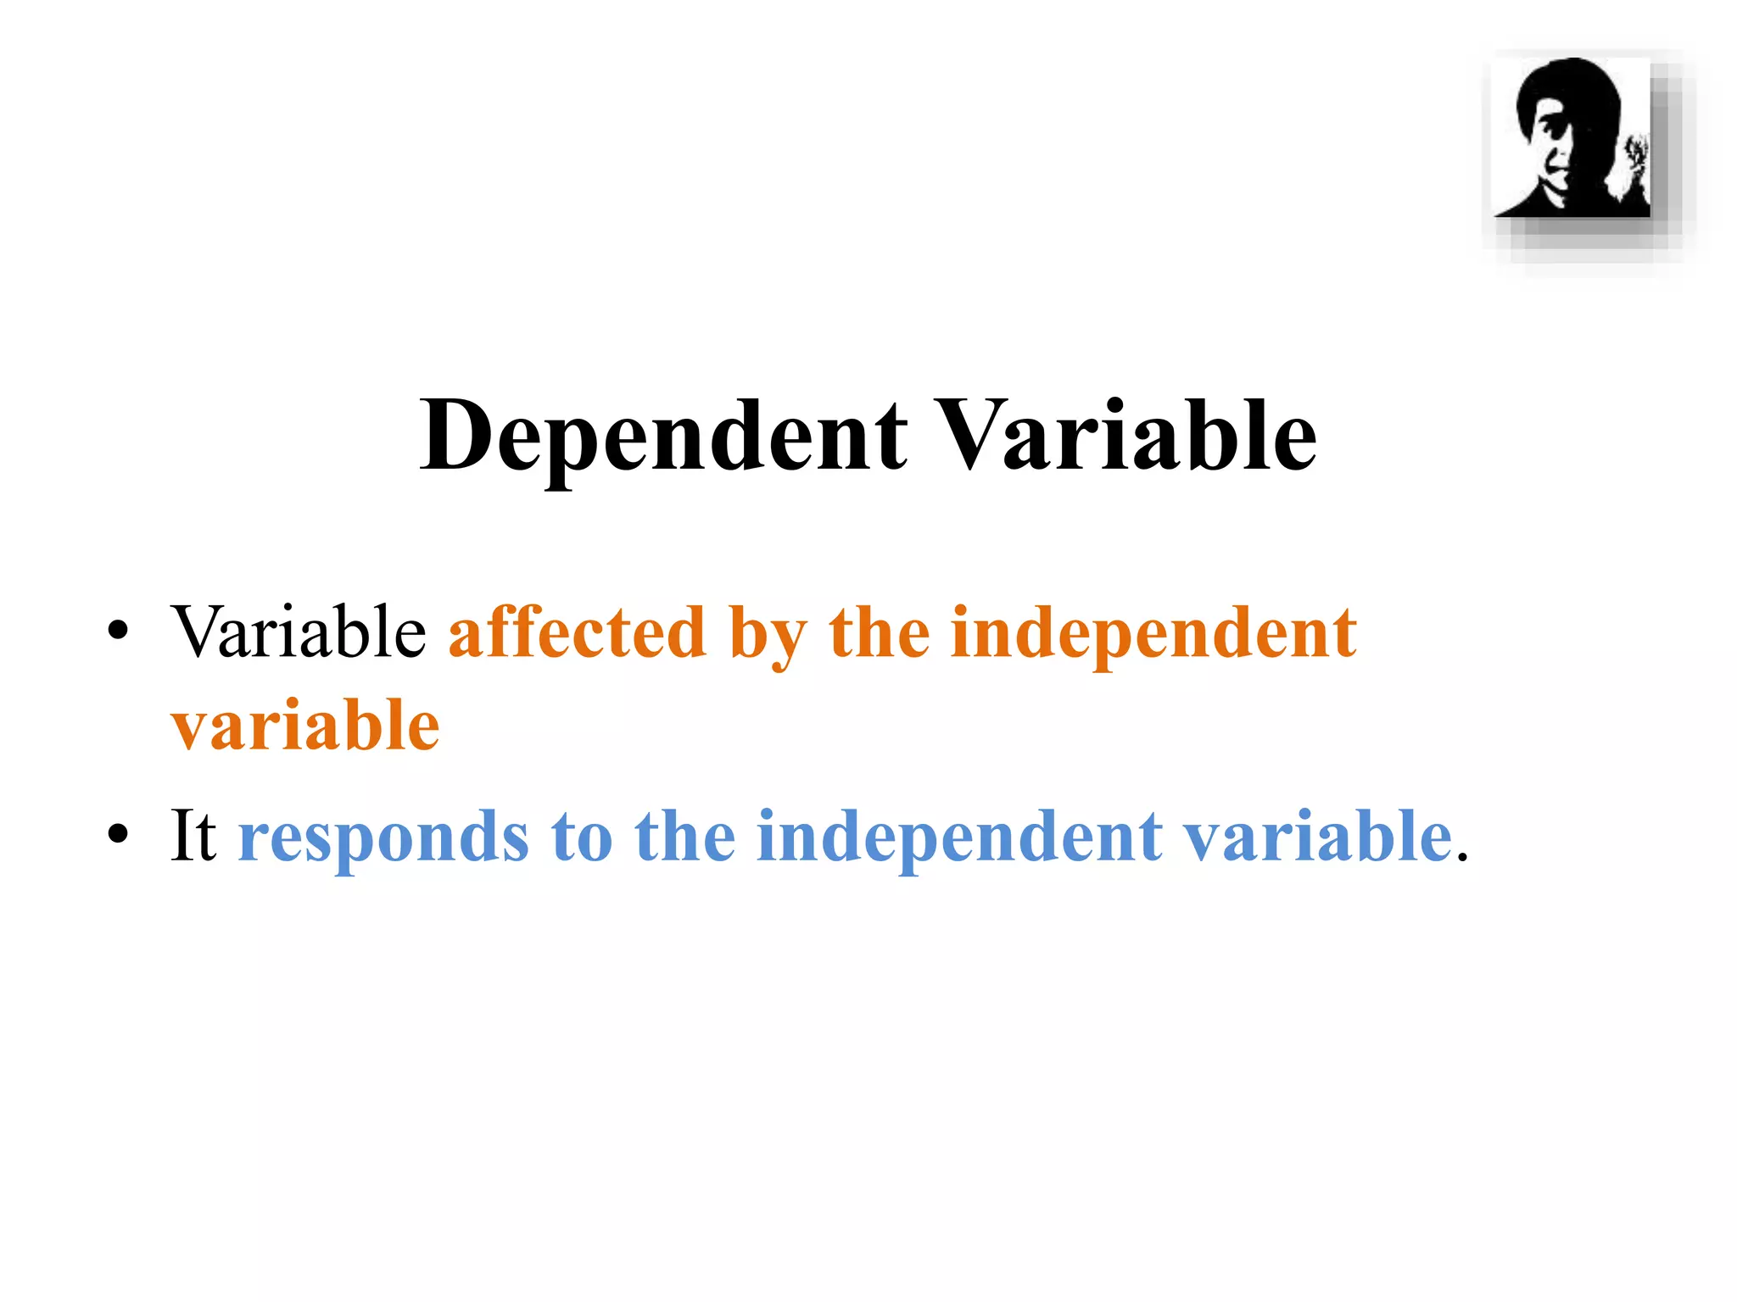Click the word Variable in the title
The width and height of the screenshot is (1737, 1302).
(x=1127, y=437)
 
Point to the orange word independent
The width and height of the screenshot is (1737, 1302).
(x=1153, y=634)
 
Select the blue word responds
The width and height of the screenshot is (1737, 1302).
(x=383, y=839)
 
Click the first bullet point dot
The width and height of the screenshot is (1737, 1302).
(x=118, y=631)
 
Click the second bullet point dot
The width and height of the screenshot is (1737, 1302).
(x=118, y=834)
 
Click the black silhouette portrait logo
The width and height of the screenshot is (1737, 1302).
(x=1572, y=137)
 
